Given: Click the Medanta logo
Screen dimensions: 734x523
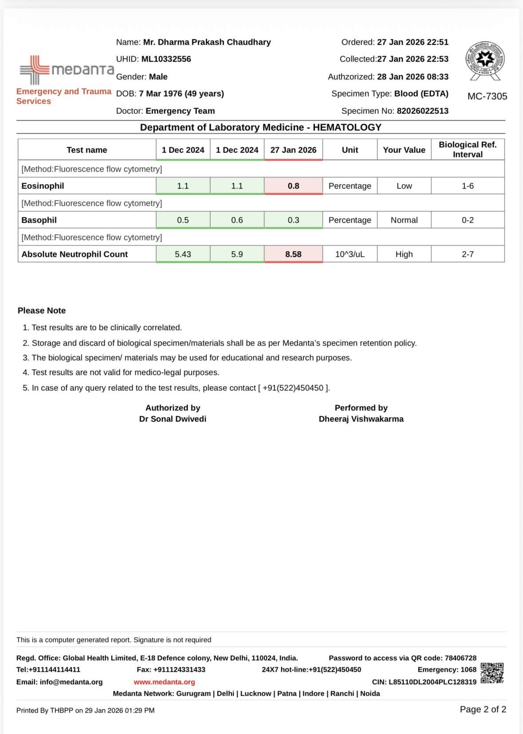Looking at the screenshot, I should coord(67,70).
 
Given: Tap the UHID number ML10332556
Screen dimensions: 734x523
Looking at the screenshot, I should coord(166,59).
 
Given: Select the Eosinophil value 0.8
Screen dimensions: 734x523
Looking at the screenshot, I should coord(293,186).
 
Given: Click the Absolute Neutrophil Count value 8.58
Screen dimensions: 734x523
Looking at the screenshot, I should coord(293,254).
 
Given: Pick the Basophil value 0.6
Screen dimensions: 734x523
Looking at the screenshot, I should coord(237,220).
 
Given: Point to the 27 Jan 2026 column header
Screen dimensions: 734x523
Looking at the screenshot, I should coord(293,150).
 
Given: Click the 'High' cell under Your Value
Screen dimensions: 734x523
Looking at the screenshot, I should coord(404,254).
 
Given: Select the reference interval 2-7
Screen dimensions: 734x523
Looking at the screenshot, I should coord(468,254).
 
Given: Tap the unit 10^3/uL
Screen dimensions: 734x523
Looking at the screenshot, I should coord(350,254).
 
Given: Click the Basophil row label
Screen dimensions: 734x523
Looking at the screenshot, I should coord(39,220).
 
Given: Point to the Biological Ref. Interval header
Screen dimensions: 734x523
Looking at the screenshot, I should coord(468,150).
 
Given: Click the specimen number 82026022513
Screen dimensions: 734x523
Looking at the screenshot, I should coord(422,111).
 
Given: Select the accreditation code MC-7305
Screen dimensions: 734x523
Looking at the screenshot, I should coord(487,96).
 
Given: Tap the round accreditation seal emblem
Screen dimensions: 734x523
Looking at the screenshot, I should coord(485,59).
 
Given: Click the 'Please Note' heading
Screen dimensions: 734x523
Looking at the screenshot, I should coord(42,311).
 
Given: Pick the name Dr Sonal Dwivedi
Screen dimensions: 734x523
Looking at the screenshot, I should coord(173,419).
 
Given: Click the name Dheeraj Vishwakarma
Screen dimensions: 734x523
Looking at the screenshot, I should coord(361,419).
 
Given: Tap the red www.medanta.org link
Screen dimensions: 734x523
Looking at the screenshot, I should coord(164,682).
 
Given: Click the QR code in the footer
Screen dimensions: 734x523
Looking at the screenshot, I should coord(492,673).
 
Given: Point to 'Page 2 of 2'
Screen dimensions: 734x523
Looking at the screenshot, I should coord(483,710).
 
